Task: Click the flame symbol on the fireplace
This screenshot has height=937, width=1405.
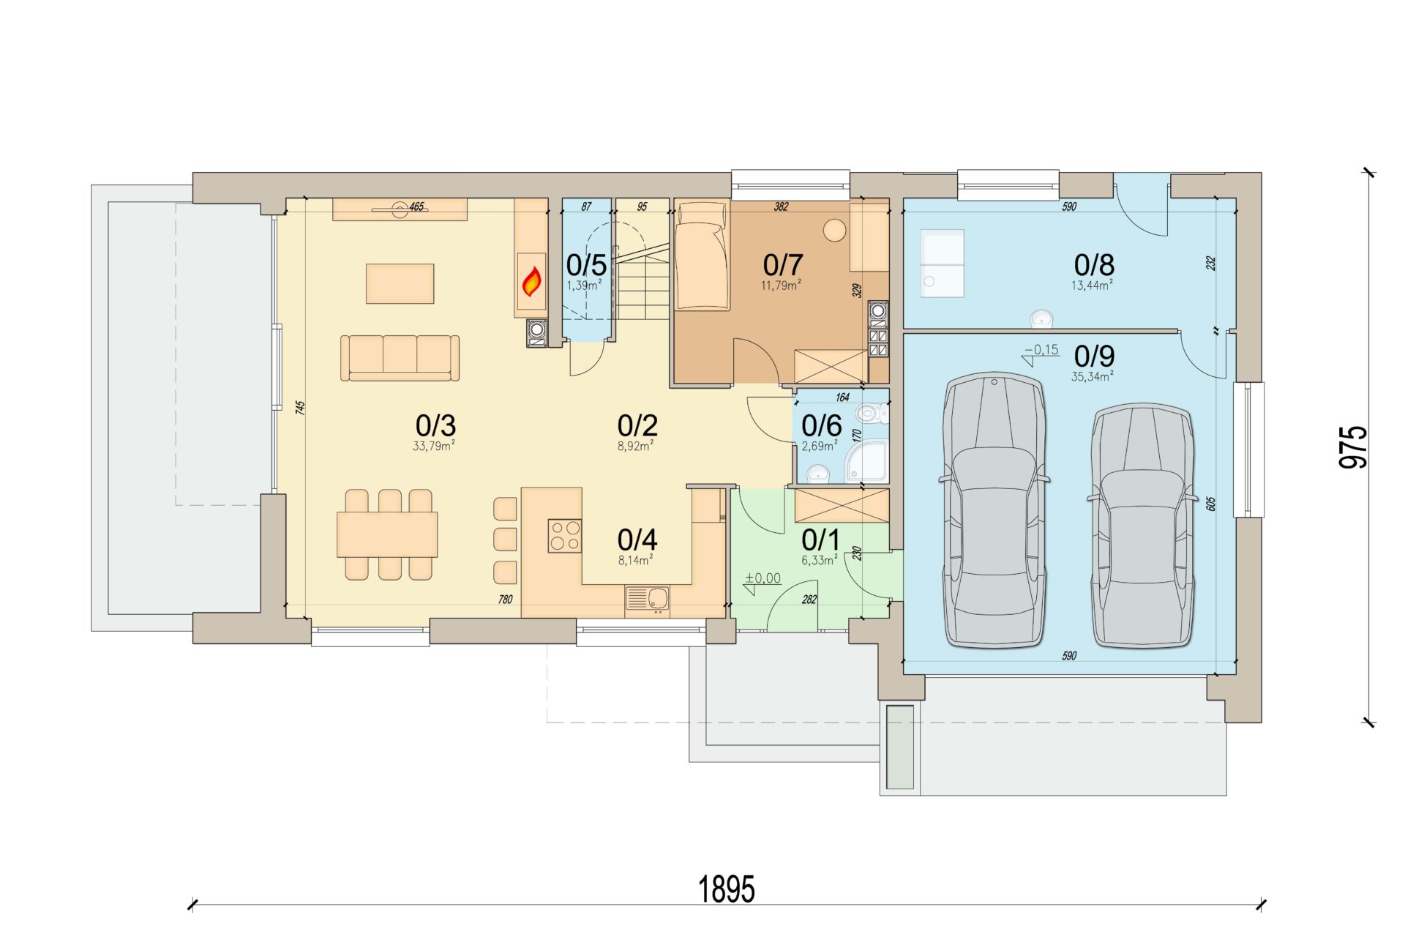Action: pos(532,281)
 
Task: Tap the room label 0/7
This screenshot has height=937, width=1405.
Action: pos(782,264)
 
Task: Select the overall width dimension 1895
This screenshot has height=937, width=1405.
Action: pos(727,889)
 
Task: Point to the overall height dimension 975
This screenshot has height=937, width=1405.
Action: pos(1353,447)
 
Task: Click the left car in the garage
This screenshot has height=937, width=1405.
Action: pos(994,511)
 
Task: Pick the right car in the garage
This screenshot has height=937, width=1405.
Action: pos(1142,526)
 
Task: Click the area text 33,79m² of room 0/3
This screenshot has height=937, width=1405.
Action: pos(434,446)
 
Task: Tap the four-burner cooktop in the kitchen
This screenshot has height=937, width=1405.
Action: pos(565,535)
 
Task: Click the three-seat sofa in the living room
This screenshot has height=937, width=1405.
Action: pos(400,358)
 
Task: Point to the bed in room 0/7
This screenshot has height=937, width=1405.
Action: pos(702,255)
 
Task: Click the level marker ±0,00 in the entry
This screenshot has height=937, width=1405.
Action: pos(763,578)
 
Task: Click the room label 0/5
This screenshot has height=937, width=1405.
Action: pos(586,264)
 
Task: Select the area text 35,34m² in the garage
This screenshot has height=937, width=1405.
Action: pos(1093,376)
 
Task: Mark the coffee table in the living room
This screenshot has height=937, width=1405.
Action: pos(400,283)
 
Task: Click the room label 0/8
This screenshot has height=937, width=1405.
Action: pos(1094,264)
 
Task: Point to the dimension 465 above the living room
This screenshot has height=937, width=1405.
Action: pos(416,206)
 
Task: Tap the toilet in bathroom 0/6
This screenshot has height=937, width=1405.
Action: pos(872,414)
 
